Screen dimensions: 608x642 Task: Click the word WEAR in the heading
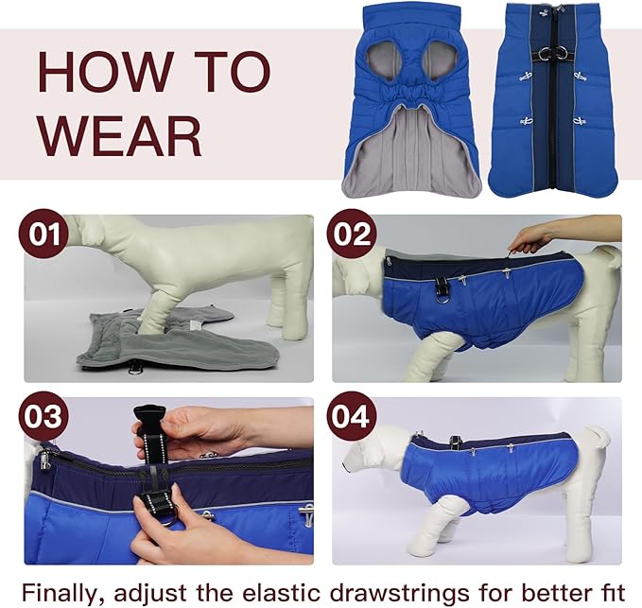click(119, 135)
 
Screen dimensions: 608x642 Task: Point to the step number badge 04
click(352, 417)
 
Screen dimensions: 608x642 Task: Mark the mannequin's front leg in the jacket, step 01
click(156, 301)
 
